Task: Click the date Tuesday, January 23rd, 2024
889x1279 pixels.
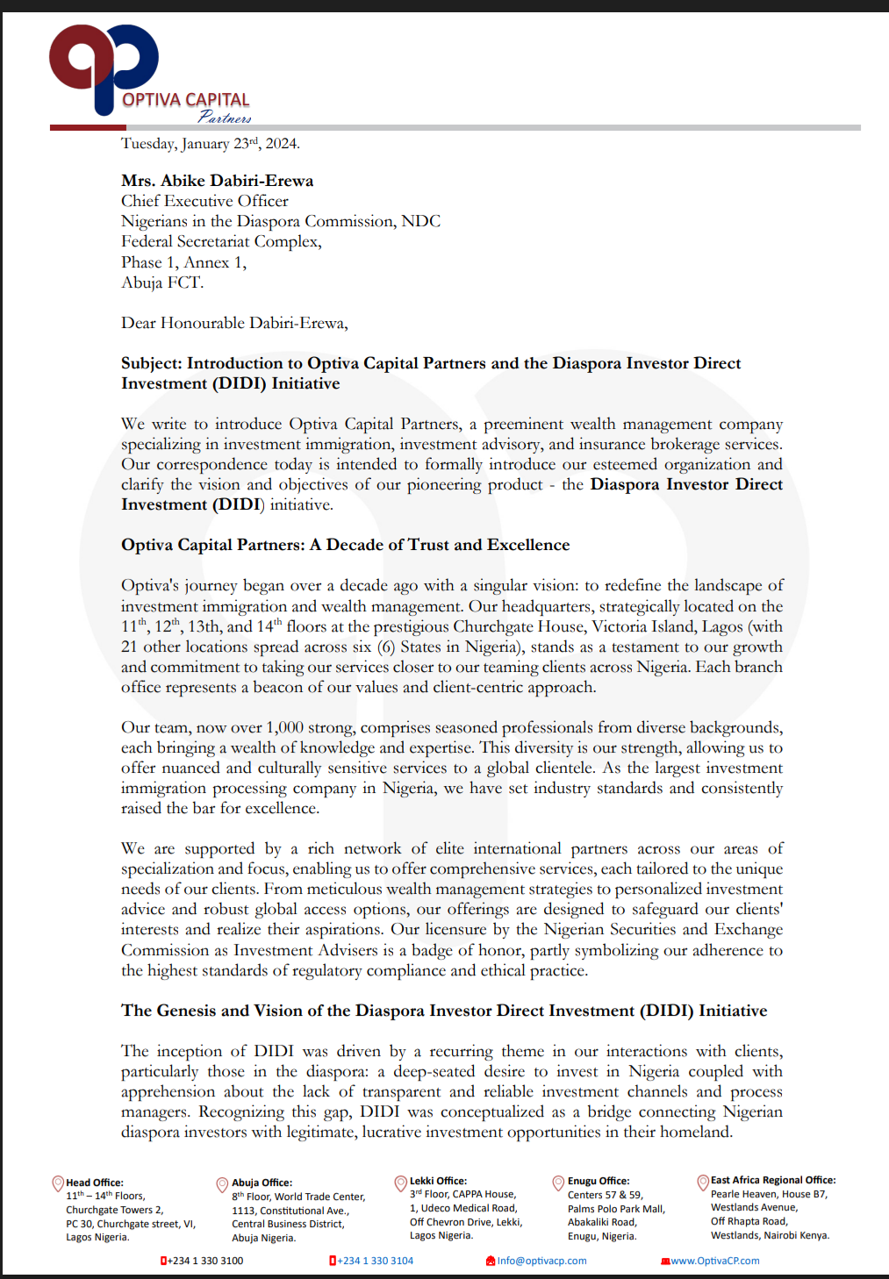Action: pyautogui.click(x=210, y=144)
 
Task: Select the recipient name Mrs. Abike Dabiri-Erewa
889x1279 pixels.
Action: pyautogui.click(x=217, y=181)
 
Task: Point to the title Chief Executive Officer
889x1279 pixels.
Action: pyautogui.click(x=204, y=201)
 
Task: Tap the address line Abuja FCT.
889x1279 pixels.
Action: pyautogui.click(x=162, y=282)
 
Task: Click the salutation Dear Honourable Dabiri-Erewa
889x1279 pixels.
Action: pyautogui.click(x=234, y=323)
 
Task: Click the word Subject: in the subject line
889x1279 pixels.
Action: pyautogui.click(x=152, y=363)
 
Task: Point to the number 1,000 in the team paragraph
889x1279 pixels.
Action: pyautogui.click(x=284, y=727)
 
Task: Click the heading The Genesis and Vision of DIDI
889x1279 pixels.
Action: pyautogui.click(x=444, y=1011)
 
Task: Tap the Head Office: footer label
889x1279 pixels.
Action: pyautogui.click(x=95, y=1183)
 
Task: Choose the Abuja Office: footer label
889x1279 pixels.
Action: pyautogui.click(x=262, y=1183)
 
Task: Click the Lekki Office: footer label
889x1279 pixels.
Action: pyautogui.click(x=438, y=1181)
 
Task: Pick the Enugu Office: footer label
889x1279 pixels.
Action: pyautogui.click(x=598, y=1181)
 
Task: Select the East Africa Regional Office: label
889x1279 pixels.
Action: pyautogui.click(x=772, y=1180)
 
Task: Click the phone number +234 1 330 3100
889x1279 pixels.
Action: pyautogui.click(x=205, y=1261)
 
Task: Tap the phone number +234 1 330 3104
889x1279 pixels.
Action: pyautogui.click(x=375, y=1261)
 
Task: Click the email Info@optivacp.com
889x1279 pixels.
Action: pyautogui.click(x=541, y=1261)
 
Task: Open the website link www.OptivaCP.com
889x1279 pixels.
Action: pyautogui.click(x=714, y=1261)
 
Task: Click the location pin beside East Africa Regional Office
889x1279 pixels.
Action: pyautogui.click(x=702, y=1182)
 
